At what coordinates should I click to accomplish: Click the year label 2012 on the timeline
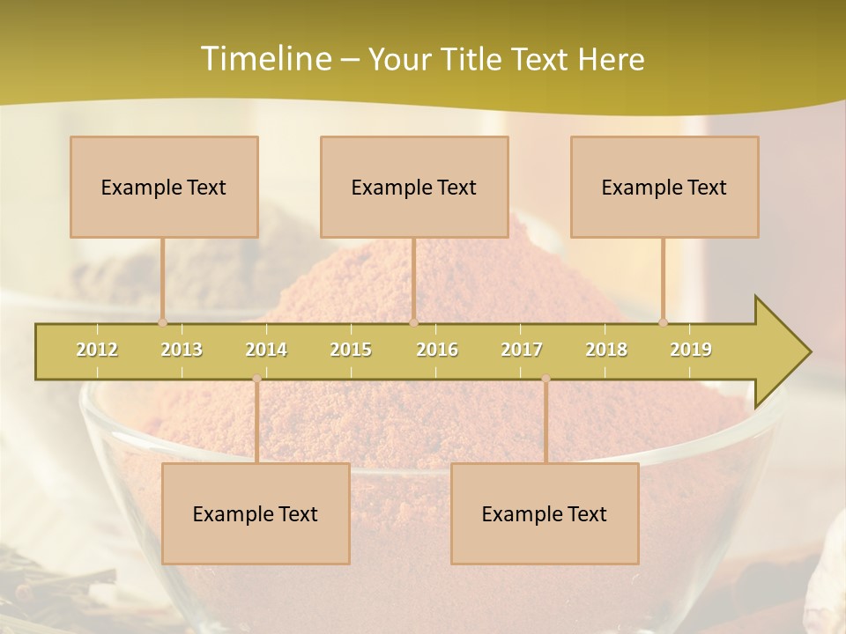97,350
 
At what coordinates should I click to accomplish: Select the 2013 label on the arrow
182,350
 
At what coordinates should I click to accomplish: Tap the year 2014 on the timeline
266,350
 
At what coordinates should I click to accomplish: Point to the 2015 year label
351,350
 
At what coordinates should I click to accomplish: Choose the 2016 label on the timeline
437,350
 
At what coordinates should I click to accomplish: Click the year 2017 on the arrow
522,350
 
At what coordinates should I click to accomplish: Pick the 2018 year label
606,350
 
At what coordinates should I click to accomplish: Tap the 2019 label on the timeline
691,350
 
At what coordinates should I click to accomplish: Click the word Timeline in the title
264,59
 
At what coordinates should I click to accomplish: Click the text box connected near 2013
164,187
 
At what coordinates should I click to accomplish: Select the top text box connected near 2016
414,187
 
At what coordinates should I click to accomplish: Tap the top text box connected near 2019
664,187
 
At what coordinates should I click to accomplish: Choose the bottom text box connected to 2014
256,513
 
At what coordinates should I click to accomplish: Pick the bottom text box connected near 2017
545,513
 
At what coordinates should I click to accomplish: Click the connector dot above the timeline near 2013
162,322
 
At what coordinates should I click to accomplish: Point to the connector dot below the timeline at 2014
256,379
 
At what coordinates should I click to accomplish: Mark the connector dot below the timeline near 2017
545,379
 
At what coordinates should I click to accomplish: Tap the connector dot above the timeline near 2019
663,322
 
